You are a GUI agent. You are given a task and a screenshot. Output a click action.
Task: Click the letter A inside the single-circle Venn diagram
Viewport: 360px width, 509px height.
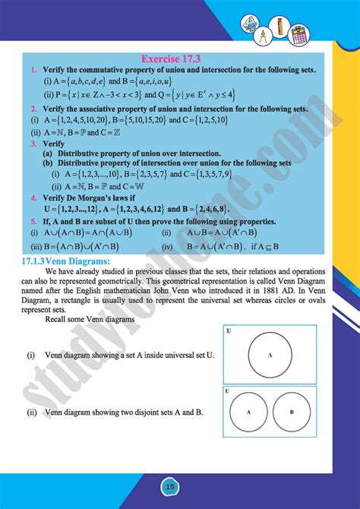[269, 355]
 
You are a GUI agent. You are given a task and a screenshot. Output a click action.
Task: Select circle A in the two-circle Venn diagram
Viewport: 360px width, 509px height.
[247, 413]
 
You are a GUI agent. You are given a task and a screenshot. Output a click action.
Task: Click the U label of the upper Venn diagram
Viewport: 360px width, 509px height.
[228, 330]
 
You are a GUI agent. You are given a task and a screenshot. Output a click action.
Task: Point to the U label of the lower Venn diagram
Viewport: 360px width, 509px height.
[228, 390]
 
